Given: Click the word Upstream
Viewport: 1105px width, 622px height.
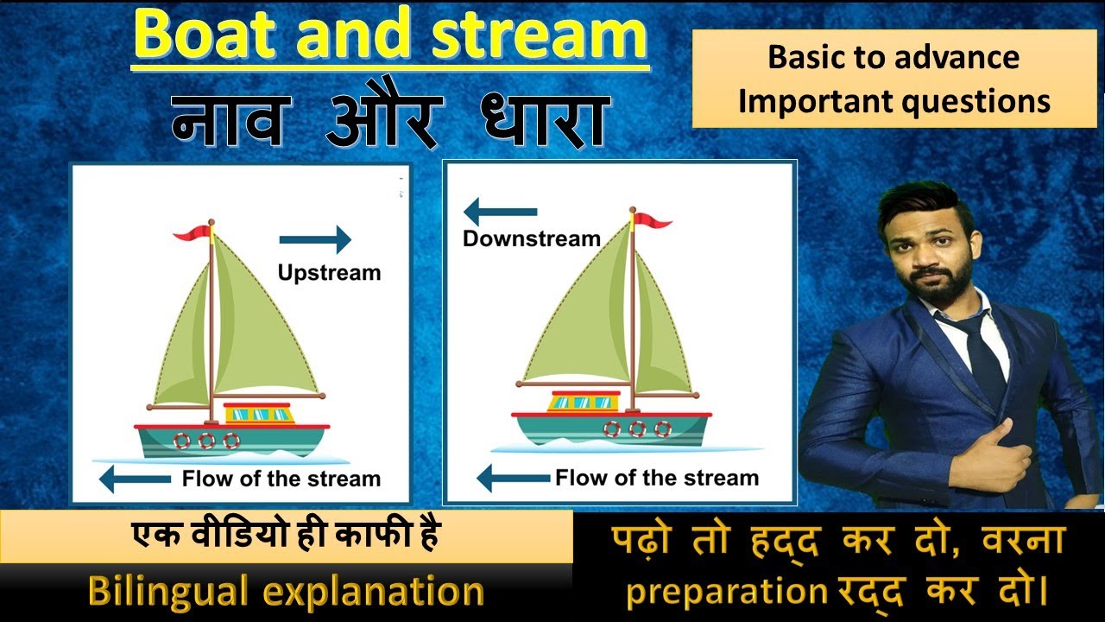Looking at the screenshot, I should point(329,273).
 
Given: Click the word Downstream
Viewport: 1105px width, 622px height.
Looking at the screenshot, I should point(531,238).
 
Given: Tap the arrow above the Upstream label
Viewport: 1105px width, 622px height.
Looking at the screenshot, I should point(315,239).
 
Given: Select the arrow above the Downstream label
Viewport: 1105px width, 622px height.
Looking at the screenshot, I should point(500,212).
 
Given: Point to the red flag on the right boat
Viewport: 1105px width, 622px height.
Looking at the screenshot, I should point(654,222).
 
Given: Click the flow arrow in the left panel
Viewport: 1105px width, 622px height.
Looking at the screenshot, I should point(136,479).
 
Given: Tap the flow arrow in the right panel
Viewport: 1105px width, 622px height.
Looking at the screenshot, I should point(513,477).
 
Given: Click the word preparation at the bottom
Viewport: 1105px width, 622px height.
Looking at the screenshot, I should point(726,593).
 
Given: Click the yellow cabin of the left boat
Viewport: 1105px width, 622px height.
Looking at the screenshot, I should point(258,413).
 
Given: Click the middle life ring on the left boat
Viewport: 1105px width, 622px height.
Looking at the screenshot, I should point(206,441).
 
